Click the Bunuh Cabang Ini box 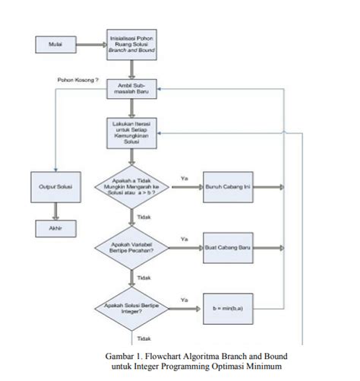(x=228, y=186)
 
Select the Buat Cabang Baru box (x=228, y=248)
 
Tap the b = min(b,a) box (x=228, y=309)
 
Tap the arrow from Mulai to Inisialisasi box (x=90, y=44)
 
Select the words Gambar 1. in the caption (x=127, y=356)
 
